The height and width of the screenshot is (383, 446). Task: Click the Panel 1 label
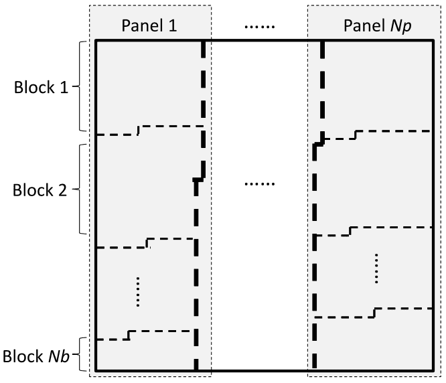coord(149,25)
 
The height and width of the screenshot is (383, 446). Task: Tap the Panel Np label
coord(378,26)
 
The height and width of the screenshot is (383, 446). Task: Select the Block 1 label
coord(42,87)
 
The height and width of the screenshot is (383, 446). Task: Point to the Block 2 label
coord(40,190)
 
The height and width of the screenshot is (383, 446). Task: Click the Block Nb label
coord(36,356)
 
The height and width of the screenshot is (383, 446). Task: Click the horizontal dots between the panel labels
coord(260,27)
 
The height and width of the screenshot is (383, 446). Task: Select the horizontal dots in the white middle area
coord(260,184)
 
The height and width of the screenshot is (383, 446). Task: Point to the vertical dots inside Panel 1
coord(138,292)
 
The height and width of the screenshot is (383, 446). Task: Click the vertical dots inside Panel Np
coord(376,269)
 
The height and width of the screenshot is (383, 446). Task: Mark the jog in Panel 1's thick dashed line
coord(200,179)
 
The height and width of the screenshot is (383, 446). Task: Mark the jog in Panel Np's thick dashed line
coord(319,144)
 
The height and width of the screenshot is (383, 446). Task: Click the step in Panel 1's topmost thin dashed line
coord(139,130)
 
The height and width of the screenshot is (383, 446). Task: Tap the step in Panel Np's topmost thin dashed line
coord(356,135)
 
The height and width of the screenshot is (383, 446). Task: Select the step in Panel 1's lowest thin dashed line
coord(129,335)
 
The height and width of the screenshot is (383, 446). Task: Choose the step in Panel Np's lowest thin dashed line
coord(374,313)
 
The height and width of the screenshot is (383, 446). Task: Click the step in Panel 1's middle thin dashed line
coord(147,243)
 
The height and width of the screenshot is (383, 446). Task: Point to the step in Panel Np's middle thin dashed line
coord(350,231)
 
